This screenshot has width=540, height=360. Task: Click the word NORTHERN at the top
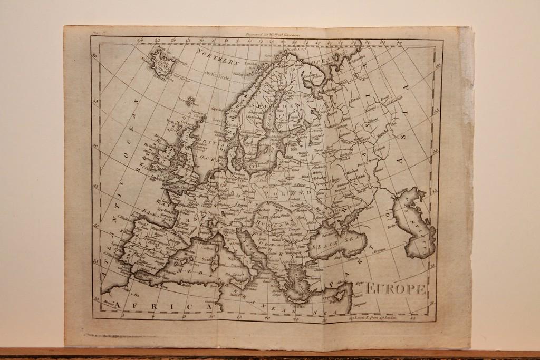tap(217, 57)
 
